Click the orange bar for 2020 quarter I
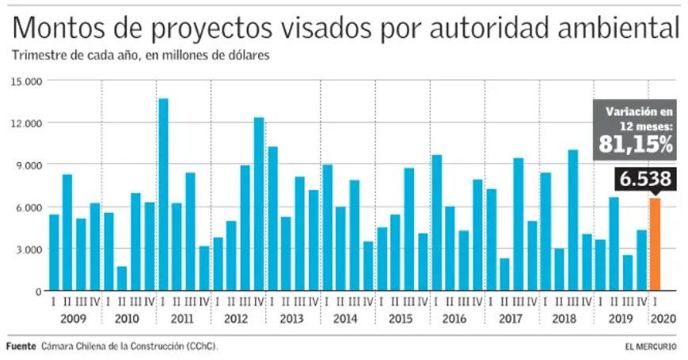point(655,244)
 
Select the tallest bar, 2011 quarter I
point(163,195)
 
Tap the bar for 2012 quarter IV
point(259,204)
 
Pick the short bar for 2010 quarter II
point(122,279)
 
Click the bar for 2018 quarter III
point(572,220)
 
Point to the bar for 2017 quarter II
point(504,275)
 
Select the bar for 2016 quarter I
point(436,223)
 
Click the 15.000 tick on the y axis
point(27,81)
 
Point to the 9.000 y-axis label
point(27,165)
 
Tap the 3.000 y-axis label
point(27,249)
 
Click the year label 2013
point(291,319)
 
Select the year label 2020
point(663,319)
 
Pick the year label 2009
point(74,319)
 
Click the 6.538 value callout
point(645,179)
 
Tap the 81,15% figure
point(635,144)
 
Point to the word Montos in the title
point(59,28)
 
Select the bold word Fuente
point(21,347)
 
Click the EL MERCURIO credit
point(651,347)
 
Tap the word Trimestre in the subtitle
point(37,55)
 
